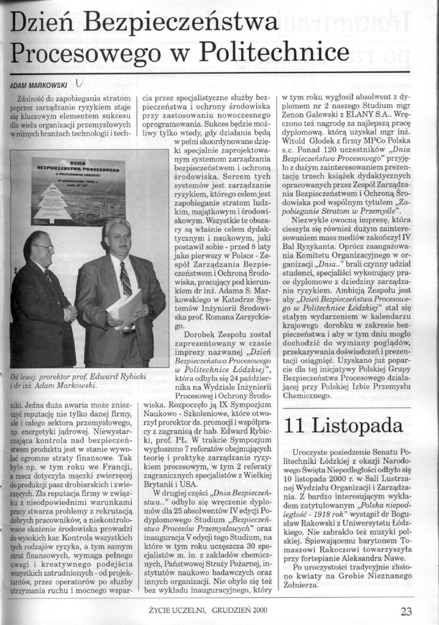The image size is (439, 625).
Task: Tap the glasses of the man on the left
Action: pyautogui.click(x=45, y=247)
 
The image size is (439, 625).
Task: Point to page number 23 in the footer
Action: pyautogui.click(x=406, y=611)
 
